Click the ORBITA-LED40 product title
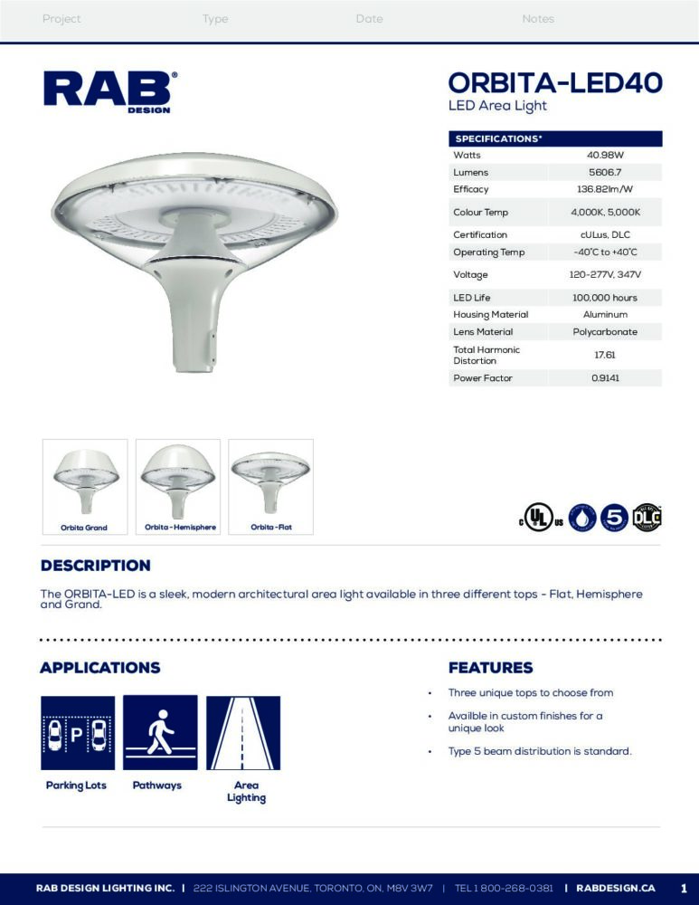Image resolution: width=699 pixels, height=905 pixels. [555, 82]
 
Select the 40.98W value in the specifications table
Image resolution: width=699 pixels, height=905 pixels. [605, 156]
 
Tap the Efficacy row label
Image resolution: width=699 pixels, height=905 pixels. [471, 189]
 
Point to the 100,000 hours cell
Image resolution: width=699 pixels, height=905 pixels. [605, 298]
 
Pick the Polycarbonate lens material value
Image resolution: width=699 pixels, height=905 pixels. [605, 332]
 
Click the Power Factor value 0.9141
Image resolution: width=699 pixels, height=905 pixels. [605, 378]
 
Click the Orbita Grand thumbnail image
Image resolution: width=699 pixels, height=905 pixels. [85, 481]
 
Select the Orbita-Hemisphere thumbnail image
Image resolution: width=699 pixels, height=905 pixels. [178, 481]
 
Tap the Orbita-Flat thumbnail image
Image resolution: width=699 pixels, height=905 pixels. [271, 481]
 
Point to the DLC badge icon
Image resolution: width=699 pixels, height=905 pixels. [647, 517]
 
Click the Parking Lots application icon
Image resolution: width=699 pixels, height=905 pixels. [78, 733]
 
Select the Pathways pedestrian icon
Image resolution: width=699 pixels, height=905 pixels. [160, 733]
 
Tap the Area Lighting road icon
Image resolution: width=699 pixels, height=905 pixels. [243, 733]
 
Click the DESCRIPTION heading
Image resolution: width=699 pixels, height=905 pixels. [95, 566]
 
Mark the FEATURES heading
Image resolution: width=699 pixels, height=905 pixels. [491, 668]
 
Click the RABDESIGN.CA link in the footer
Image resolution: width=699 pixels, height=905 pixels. [615, 888]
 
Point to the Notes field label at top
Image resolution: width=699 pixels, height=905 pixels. [538, 19]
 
